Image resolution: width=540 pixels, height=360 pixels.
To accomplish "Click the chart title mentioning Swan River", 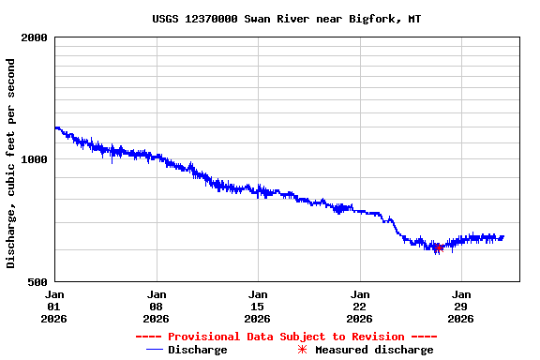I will click(286, 19).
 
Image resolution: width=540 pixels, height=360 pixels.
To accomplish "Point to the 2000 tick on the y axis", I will click(35, 37).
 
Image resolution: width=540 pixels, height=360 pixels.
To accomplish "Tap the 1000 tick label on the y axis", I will click(35, 159).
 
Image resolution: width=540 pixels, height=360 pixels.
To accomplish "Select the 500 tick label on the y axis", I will click(38, 281).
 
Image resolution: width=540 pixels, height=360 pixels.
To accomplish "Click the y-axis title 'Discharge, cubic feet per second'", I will click(11, 163).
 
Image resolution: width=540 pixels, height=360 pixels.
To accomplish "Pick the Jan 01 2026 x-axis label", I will click(54, 306).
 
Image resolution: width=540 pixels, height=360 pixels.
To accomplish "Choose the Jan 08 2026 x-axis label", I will click(157, 306).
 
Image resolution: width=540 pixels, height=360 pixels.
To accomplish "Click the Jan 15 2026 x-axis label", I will click(258, 306).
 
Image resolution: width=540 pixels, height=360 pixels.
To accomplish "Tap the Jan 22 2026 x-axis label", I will click(359, 306).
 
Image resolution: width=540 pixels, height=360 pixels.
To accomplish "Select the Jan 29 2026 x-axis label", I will click(460, 306).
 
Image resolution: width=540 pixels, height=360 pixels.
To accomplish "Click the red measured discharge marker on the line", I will click(437, 247).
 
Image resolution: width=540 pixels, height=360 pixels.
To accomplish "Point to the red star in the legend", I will click(302, 350).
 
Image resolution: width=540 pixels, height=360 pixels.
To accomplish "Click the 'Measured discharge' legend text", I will click(374, 350).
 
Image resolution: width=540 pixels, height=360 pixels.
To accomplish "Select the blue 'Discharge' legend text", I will click(197, 350).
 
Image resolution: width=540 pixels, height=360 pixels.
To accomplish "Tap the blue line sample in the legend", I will click(155, 350).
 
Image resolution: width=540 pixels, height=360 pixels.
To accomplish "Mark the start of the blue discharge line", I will click(55, 127).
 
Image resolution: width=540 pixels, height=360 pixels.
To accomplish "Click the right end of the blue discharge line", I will click(503, 236).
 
